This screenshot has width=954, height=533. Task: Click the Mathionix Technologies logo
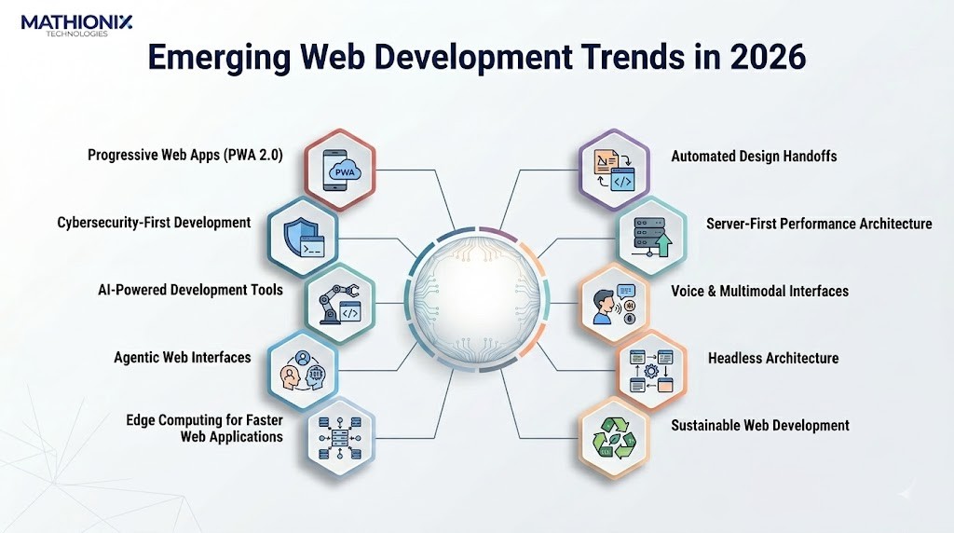click(x=63, y=24)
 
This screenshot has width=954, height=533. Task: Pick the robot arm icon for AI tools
click(x=340, y=302)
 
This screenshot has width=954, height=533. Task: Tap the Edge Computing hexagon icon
click(x=340, y=435)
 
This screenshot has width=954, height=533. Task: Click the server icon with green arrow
click(x=651, y=235)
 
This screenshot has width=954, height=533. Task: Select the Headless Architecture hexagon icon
click(x=651, y=369)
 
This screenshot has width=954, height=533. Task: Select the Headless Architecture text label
click(x=773, y=358)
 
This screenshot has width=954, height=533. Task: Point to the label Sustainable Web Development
click(x=760, y=425)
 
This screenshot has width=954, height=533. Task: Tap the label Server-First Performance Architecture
click(x=819, y=224)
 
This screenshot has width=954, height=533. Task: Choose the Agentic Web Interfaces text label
click(x=183, y=357)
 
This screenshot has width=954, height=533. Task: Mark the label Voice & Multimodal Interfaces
click(x=760, y=291)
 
